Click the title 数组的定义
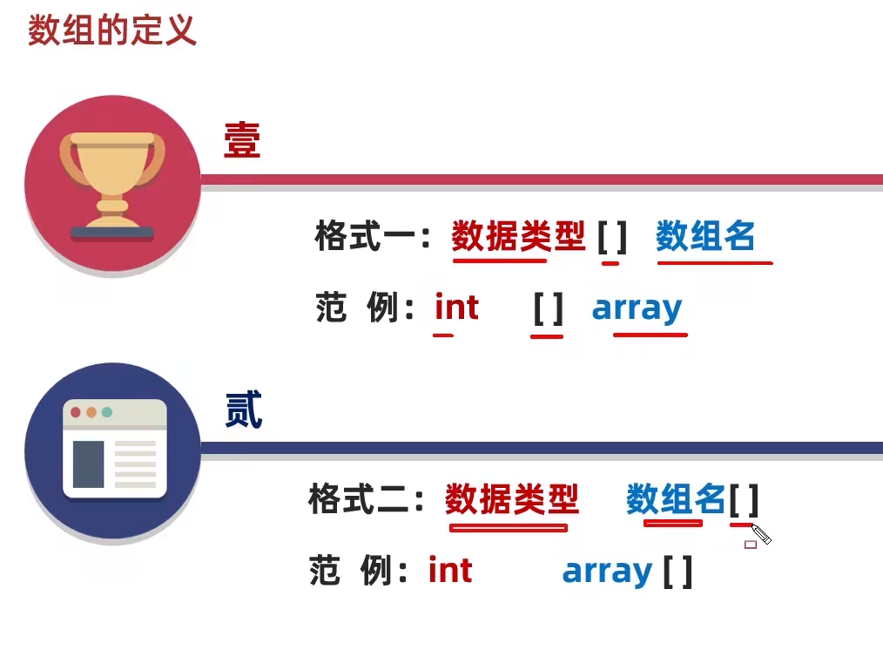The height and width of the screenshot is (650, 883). pos(112,30)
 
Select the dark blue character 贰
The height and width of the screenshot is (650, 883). pos(243,410)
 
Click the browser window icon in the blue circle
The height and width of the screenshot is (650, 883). pos(114,449)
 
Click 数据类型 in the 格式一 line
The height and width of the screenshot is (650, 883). pos(518,236)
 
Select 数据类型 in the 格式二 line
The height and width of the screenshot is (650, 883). pos(511,500)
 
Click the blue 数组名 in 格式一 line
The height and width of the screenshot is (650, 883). pos(705,236)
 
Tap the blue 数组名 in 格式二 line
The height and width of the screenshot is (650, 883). pos(676,500)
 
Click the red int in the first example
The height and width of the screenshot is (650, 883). pos(456,308)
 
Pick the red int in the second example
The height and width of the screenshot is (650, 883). pos(450,571)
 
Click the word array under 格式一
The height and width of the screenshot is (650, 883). pos(637,308)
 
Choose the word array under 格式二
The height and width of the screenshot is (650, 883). pos(608,572)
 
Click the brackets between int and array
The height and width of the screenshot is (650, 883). pos(549,308)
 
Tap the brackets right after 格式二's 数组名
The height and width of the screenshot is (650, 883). pos(744,500)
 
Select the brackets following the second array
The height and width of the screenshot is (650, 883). pos(677,572)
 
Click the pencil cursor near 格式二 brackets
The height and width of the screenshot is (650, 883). pos(761,534)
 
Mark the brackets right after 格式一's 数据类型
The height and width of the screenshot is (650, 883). pos(612,236)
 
